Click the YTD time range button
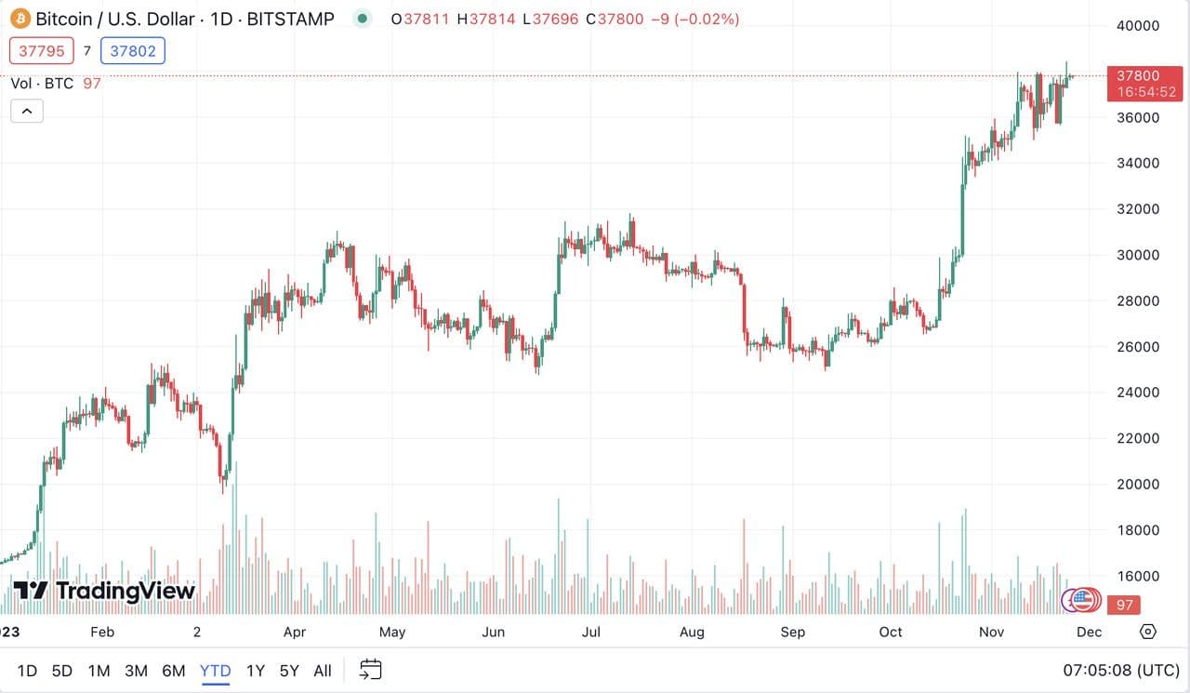click(216, 671)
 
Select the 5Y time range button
click(289, 671)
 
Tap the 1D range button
click(27, 671)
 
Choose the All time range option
click(323, 671)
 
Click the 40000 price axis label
click(1137, 26)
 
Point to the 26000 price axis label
click(1137, 347)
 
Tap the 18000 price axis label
click(1137, 530)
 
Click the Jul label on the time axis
click(590, 633)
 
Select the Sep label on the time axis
click(792, 633)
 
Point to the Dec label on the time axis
click(1089, 633)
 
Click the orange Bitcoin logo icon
click(20, 19)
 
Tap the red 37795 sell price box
click(41, 51)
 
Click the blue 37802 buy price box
click(133, 51)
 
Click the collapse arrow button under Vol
click(27, 112)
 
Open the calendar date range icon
click(371, 670)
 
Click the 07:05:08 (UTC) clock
click(1121, 671)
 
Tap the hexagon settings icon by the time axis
click(1148, 632)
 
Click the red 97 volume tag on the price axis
click(1125, 606)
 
